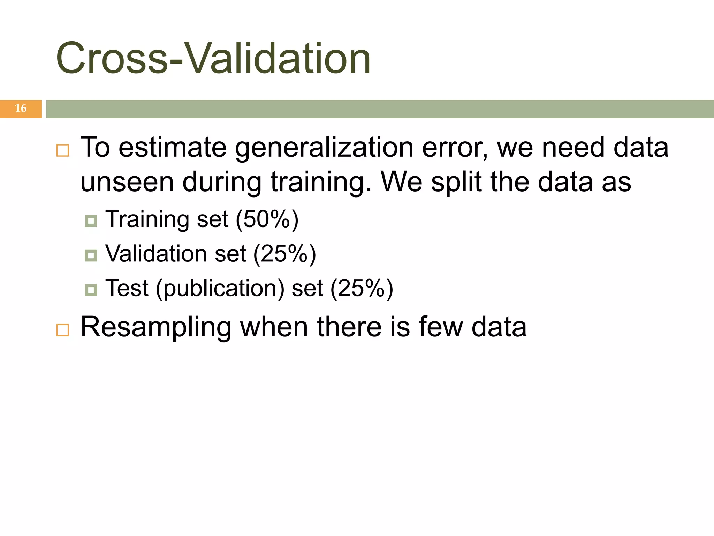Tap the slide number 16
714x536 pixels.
(x=21, y=109)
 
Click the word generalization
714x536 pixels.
(x=324, y=148)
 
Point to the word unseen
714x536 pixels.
(x=127, y=182)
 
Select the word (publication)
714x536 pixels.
(x=220, y=289)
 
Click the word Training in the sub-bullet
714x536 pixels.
(x=147, y=220)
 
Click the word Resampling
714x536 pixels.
(x=156, y=327)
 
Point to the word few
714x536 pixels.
(x=441, y=327)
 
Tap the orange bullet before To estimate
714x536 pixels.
(x=63, y=150)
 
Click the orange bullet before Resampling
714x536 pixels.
(x=63, y=330)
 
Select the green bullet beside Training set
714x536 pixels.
(x=91, y=221)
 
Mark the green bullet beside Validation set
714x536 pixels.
(x=91, y=255)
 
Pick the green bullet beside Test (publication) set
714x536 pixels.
(x=91, y=290)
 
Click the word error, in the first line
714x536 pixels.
(x=455, y=148)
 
